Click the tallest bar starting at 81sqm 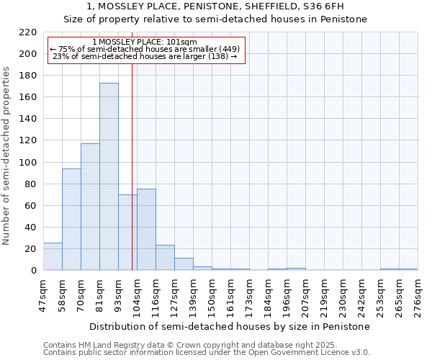pyautogui.click(x=109, y=176)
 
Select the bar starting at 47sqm pyautogui.click(x=53, y=256)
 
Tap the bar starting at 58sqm pyautogui.click(x=71, y=220)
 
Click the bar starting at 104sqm pyautogui.click(x=146, y=229)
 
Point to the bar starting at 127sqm pyautogui.click(x=184, y=264)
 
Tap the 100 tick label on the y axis pyautogui.click(x=28, y=163)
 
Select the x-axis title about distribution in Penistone pyautogui.click(x=230, y=326)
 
